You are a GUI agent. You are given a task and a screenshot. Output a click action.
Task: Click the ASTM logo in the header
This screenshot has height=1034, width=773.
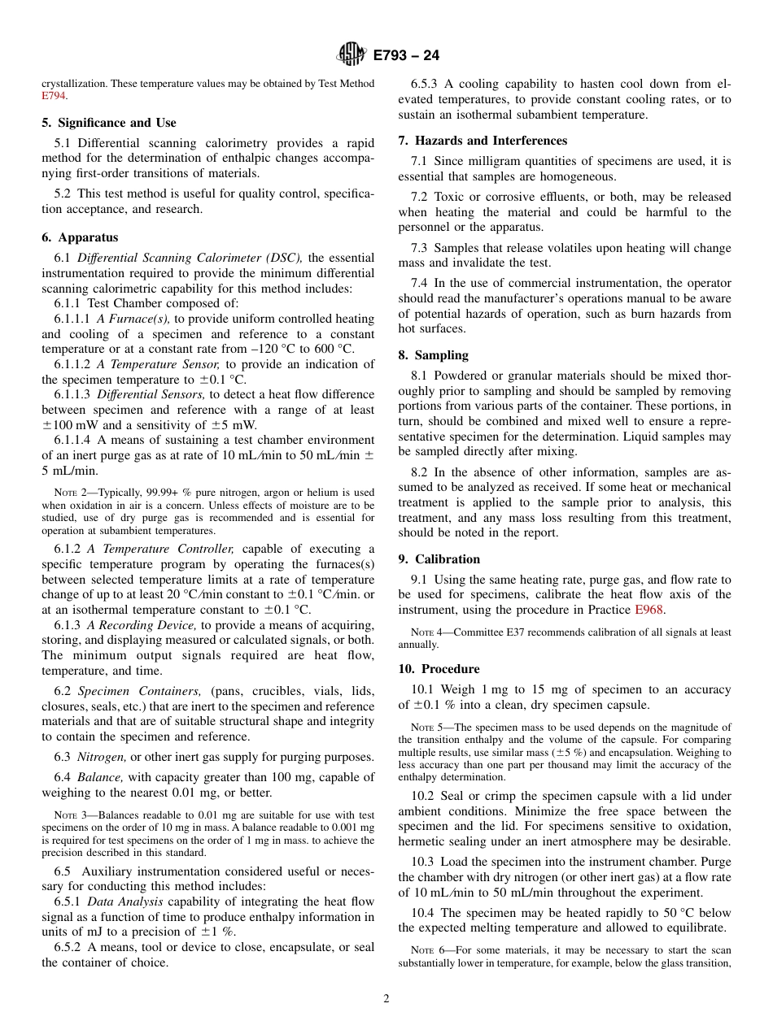click(x=351, y=55)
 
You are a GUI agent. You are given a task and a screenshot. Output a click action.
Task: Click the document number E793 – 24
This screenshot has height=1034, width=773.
click(x=407, y=56)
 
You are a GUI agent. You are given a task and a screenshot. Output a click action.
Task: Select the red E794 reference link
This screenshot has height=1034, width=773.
click(x=54, y=96)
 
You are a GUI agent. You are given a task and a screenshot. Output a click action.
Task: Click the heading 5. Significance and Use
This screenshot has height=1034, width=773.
click(x=109, y=123)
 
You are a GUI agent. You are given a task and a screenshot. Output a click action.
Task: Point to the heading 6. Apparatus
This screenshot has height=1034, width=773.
click(x=80, y=237)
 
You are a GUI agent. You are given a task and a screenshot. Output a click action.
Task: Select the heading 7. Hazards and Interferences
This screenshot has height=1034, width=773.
click(x=483, y=141)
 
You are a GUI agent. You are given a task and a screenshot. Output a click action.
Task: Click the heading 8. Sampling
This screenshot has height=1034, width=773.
click(x=433, y=355)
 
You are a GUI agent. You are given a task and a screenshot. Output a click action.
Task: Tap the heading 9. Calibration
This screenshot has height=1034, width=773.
click(x=439, y=559)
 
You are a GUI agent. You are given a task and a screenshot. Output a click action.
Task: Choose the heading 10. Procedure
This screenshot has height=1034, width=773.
click(x=439, y=669)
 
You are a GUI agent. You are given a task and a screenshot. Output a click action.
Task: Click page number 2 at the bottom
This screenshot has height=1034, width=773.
click(x=386, y=999)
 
